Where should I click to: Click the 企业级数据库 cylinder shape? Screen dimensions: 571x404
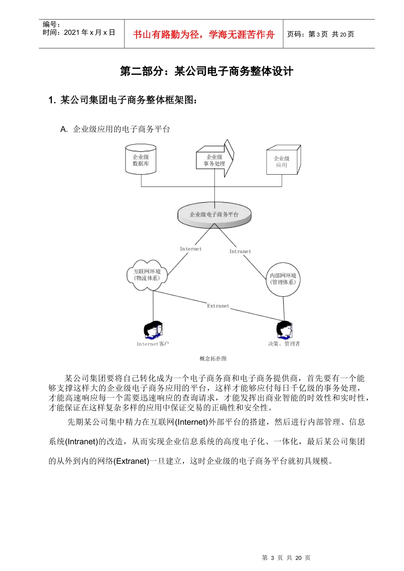click(141, 160)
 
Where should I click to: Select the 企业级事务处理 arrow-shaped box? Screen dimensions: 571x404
click(214, 160)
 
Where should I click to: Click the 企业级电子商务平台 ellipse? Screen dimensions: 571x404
click(214, 215)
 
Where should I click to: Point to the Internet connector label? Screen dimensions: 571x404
click(191, 249)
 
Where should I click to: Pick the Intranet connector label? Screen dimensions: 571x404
click(240, 252)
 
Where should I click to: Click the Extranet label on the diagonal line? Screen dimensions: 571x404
click(218, 306)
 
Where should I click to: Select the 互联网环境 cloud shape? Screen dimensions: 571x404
click(147, 275)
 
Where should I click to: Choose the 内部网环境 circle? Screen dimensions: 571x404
click(283, 279)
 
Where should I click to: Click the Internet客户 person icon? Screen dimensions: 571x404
click(153, 330)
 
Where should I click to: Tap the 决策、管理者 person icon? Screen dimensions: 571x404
click(284, 330)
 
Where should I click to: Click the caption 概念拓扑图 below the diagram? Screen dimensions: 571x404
click(213, 359)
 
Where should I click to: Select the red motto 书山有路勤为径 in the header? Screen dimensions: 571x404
click(204, 34)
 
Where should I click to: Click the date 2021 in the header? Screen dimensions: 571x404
click(71, 33)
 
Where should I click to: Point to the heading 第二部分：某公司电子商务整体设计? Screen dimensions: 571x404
click(207, 71)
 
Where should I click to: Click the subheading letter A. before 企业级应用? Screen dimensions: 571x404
click(64, 130)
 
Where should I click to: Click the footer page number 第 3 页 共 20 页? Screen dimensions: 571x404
click(286, 558)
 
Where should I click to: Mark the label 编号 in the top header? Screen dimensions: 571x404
click(51, 25)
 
